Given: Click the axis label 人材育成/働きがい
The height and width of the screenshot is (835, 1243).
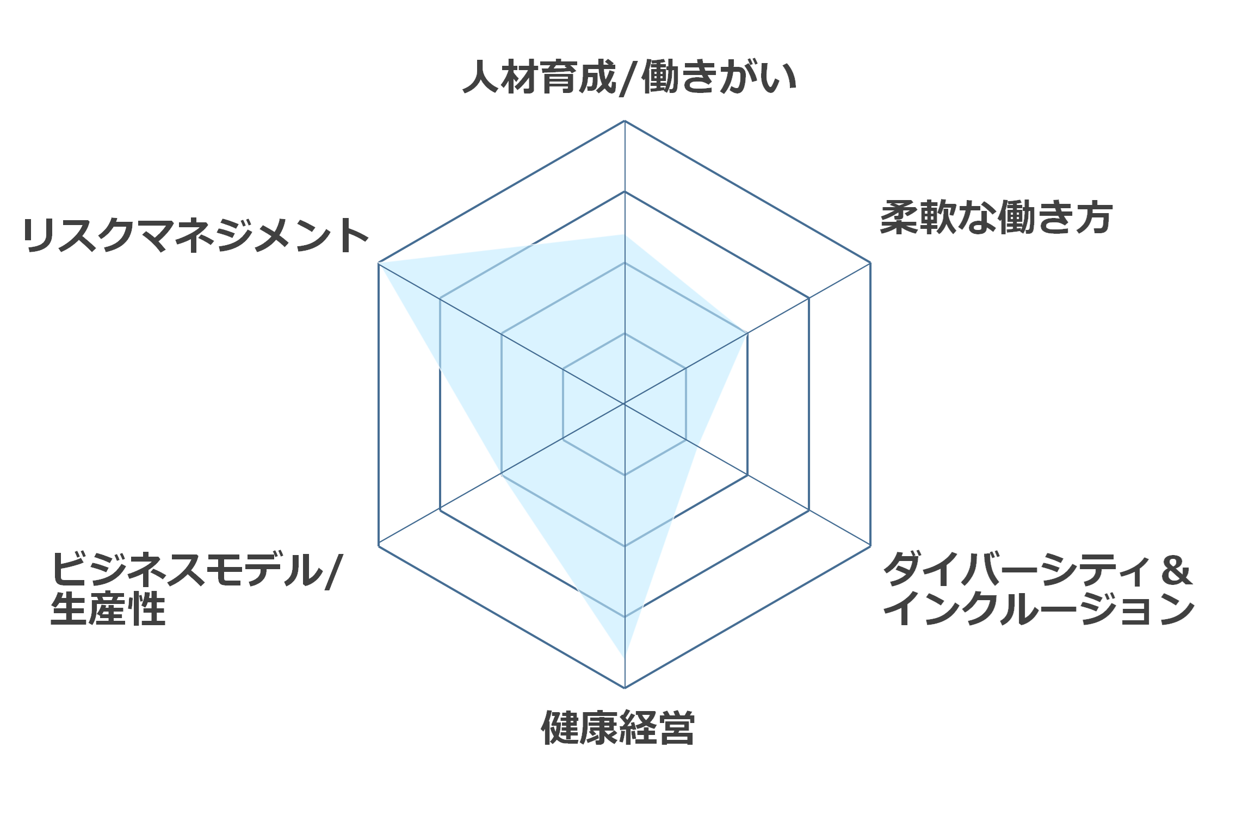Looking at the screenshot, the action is coord(629,77).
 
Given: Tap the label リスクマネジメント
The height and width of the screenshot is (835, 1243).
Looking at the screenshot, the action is coord(196,235).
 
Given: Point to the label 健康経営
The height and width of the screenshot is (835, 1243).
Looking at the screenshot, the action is coord(618,727).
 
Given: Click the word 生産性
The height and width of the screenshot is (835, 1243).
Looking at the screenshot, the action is coord(108,609).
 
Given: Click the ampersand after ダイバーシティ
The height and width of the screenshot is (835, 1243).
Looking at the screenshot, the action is coord(1176,570).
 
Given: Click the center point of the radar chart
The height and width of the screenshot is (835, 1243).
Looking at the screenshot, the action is coord(624,404).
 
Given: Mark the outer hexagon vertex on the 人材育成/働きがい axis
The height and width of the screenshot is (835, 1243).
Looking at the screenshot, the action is coord(624,121).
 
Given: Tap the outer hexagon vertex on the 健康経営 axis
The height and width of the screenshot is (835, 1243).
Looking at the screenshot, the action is coord(624,688).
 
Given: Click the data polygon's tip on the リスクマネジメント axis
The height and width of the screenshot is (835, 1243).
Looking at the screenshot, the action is coord(379,263).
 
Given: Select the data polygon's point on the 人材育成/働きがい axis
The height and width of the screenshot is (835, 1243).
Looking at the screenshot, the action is coord(624,235).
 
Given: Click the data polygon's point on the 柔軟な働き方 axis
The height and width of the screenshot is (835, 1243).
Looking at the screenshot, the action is coord(746,334).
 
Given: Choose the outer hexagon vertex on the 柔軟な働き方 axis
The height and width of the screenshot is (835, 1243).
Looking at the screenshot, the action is coord(870,263).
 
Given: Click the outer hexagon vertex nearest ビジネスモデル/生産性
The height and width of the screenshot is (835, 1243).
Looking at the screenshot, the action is coord(379,545).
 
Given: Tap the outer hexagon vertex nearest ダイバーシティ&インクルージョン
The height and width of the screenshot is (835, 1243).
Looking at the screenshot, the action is coord(870,545).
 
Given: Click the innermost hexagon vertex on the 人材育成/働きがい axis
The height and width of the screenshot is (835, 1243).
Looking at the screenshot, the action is coord(624,333).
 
